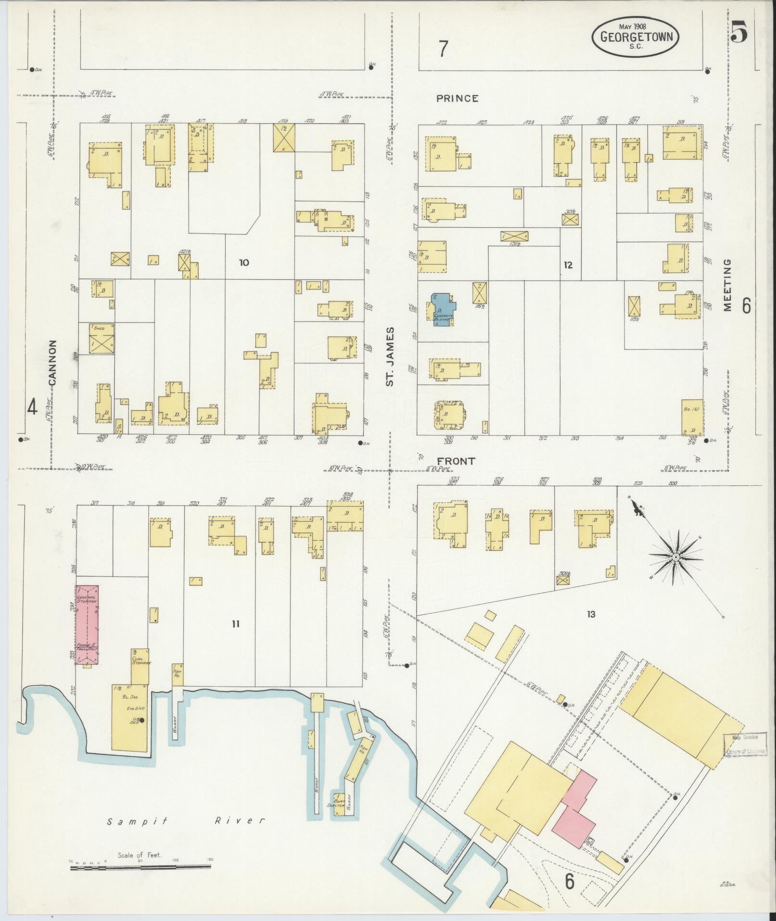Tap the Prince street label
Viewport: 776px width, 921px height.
(x=458, y=99)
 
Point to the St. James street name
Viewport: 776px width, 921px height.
(x=391, y=356)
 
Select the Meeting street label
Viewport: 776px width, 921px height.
(x=726, y=285)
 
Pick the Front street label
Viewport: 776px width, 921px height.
(x=456, y=461)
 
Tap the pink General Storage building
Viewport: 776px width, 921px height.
(x=87, y=625)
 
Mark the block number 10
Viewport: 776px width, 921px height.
(x=244, y=262)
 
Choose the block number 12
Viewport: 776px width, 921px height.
(x=568, y=265)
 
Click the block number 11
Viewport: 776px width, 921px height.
(x=235, y=624)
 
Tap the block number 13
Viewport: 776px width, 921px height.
(x=591, y=614)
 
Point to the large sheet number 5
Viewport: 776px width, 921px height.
(x=738, y=34)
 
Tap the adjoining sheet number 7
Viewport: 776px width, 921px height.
(x=443, y=48)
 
